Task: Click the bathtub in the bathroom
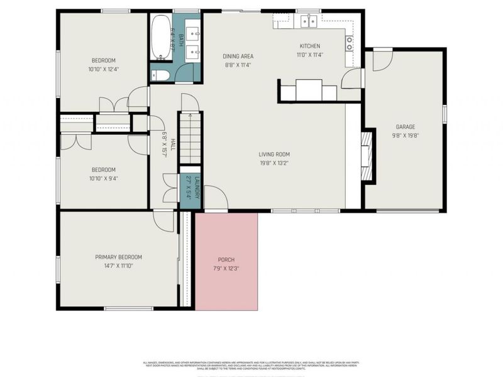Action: [162, 36]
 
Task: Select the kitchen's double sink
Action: [308, 21]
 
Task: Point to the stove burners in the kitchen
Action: [349, 43]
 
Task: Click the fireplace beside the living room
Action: [367, 155]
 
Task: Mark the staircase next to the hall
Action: [190, 138]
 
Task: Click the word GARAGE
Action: [406, 126]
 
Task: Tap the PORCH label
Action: [226, 260]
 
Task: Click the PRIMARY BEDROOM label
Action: [118, 257]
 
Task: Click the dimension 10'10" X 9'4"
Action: [104, 178]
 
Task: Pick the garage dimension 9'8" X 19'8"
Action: [406, 135]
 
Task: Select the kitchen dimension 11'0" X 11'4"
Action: [309, 55]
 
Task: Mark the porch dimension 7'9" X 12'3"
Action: [226, 268]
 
